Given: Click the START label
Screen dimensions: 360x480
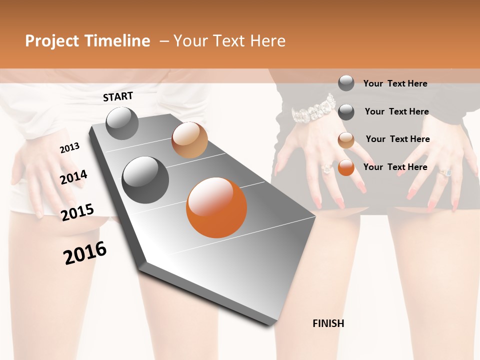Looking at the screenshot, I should click(118, 96).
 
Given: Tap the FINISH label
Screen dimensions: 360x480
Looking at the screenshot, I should click(328, 323).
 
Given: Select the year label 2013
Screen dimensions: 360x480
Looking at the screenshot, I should click(69, 148).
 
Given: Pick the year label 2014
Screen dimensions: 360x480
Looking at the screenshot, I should click(73, 177).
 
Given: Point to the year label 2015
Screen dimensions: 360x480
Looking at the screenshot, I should click(77, 212).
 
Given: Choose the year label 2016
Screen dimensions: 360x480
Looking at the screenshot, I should click(85, 253).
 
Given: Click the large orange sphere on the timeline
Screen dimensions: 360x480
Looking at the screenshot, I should click(216, 207).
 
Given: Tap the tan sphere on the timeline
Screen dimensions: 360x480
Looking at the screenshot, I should click(189, 140).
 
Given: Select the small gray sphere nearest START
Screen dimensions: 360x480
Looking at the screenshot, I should click(122, 123).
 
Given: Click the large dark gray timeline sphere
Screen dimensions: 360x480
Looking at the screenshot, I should click(145, 180).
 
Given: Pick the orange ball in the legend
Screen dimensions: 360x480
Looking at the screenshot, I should click(346, 167).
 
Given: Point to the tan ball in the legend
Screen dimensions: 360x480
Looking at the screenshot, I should click(346, 139).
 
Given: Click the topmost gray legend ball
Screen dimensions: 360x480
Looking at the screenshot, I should click(346, 83).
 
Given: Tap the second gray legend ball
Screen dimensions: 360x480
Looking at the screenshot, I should click(346, 112).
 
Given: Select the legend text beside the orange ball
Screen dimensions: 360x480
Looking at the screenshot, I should click(395, 167).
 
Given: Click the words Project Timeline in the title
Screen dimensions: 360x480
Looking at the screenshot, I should click(87, 41).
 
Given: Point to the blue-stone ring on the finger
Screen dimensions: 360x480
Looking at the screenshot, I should click(445, 172).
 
